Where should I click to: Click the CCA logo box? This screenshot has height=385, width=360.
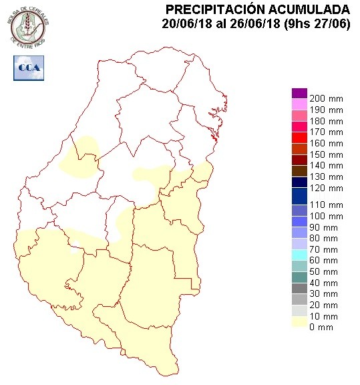[x=28, y=67]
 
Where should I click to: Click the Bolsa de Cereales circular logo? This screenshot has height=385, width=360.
[x=28, y=25]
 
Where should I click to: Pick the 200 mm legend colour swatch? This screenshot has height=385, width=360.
[x=299, y=94]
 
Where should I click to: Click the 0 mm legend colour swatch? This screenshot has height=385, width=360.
[x=299, y=327]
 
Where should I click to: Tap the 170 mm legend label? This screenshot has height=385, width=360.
[x=327, y=132]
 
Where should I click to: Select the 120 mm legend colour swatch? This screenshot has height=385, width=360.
[x=299, y=193]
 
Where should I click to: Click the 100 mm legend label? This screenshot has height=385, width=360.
[x=327, y=217]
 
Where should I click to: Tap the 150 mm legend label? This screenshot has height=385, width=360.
[x=327, y=154]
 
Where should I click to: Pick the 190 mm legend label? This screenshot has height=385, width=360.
[x=327, y=110]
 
